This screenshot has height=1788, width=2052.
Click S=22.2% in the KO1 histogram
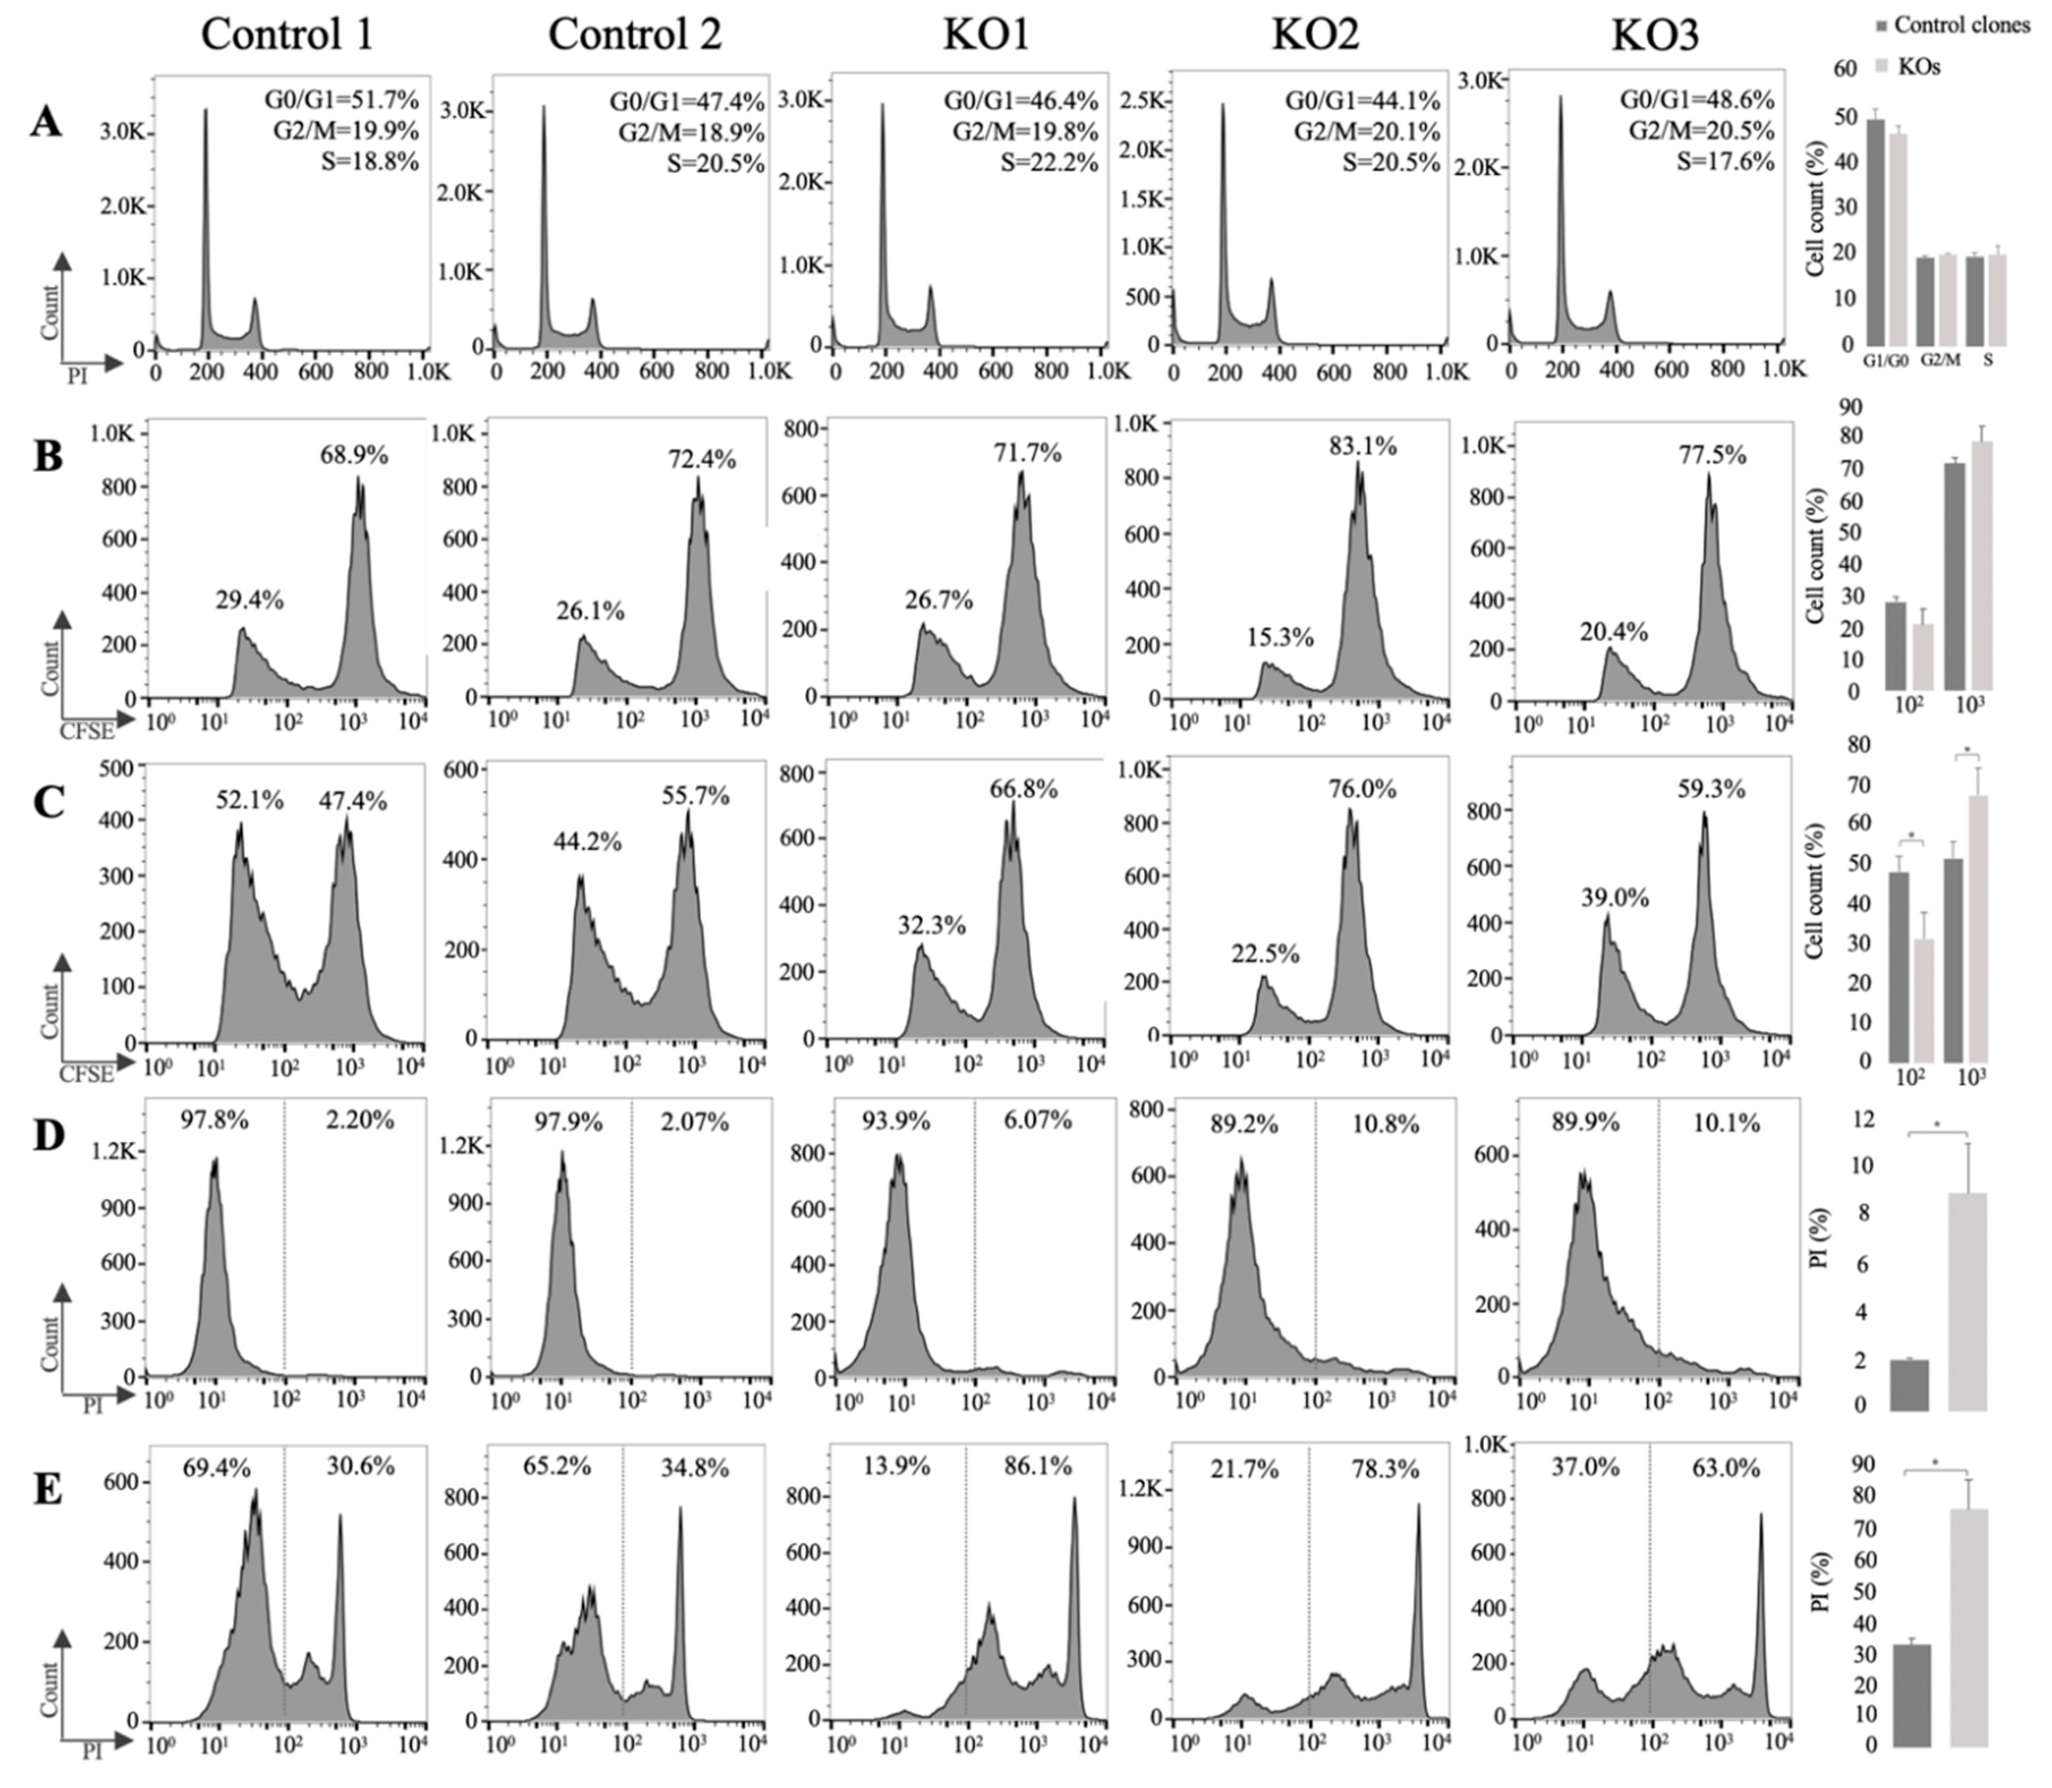(1049, 163)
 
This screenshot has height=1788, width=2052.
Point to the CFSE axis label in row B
(87, 731)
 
